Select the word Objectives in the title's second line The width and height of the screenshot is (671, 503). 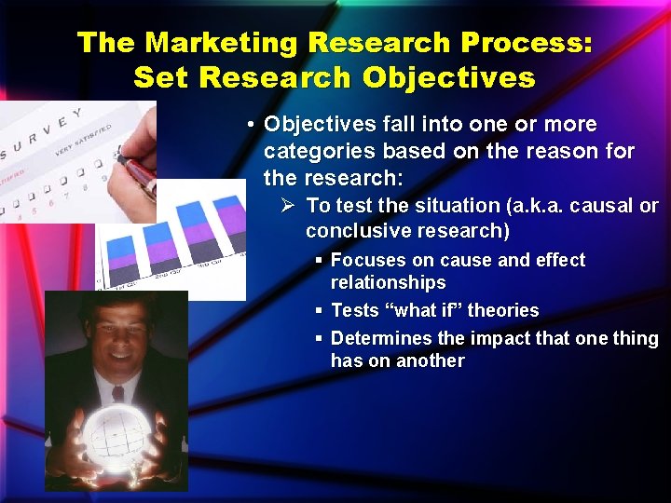point(449,77)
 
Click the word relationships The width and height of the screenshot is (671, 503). point(388,282)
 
